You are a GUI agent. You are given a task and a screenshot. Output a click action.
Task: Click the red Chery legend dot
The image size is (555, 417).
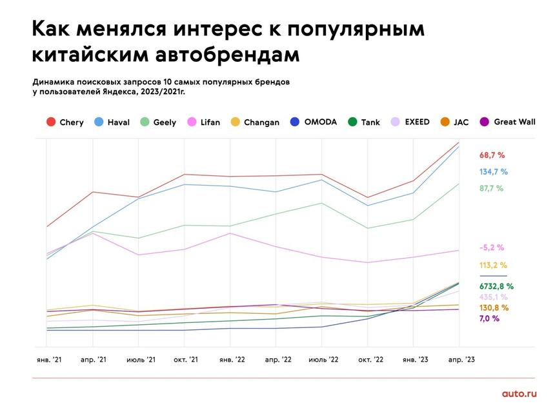click(x=50, y=122)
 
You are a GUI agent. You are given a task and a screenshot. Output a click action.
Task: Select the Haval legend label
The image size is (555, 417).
click(x=118, y=122)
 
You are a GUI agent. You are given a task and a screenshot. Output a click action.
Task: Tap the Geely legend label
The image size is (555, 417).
click(x=165, y=122)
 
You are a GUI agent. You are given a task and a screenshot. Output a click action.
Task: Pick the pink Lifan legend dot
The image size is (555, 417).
click(x=192, y=122)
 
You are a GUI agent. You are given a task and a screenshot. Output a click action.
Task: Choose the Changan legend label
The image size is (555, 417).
click(x=262, y=122)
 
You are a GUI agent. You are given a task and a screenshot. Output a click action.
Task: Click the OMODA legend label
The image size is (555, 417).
click(x=321, y=122)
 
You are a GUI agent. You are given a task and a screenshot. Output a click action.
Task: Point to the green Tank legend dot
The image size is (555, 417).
click(x=352, y=122)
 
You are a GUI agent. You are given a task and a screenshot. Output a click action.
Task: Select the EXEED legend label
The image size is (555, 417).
click(x=417, y=122)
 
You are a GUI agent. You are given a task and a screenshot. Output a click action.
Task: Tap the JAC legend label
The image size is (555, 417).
click(x=461, y=122)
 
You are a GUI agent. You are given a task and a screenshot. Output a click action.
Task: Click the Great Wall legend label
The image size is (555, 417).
click(x=514, y=122)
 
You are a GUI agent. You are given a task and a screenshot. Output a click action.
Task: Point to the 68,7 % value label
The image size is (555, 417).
click(x=492, y=155)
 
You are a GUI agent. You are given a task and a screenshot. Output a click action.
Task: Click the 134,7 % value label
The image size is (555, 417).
click(x=493, y=172)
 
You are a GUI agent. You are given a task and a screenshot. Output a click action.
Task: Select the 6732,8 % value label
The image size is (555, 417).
click(x=496, y=286)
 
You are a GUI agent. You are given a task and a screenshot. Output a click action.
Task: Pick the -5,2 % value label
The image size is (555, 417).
click(x=492, y=247)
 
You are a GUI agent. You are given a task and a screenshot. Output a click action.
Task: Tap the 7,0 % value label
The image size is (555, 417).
click(x=489, y=318)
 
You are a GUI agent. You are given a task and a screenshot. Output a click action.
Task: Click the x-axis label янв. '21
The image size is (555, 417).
click(x=48, y=359)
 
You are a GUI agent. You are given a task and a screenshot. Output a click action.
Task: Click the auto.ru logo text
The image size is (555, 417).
click(x=518, y=394)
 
